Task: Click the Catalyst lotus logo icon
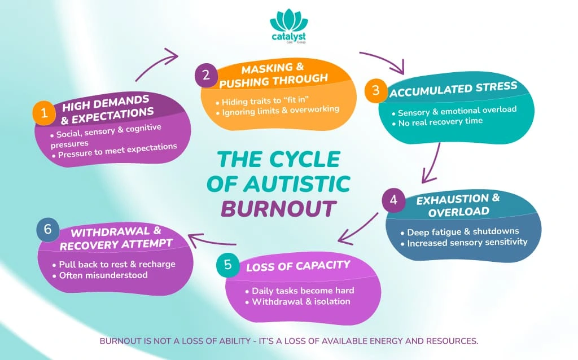[289, 21]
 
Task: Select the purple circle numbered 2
[206, 76]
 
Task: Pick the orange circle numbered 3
[375, 91]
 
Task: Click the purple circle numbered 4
[393, 200]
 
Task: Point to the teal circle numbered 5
[227, 265]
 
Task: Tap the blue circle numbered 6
[47, 230]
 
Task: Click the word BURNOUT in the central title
[278, 208]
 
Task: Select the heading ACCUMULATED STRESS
[453, 89]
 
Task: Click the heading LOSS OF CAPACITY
[297, 266]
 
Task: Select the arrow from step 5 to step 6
[215, 243]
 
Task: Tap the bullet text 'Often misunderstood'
[103, 275]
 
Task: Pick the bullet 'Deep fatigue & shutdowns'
[463, 231]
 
